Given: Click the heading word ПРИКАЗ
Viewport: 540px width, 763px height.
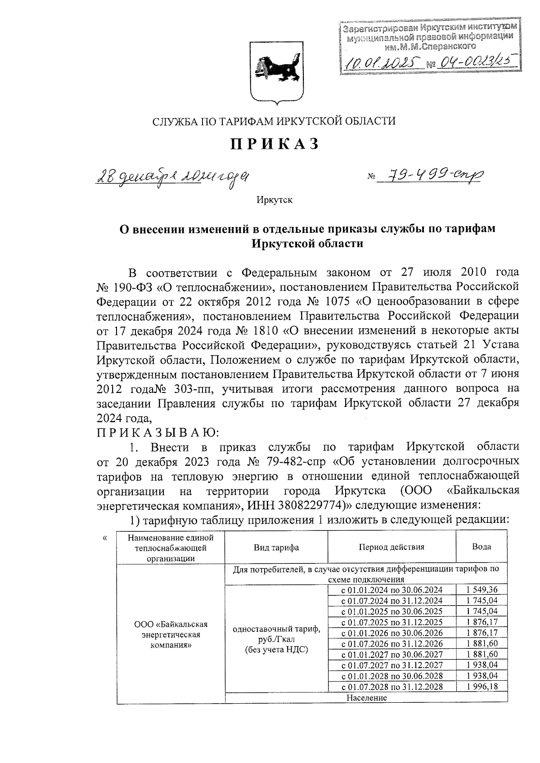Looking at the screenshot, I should [275, 144].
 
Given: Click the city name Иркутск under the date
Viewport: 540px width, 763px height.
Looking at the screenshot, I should [274, 200].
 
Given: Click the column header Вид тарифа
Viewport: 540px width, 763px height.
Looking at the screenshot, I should [276, 547].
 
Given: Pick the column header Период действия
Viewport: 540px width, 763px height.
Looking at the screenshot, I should [391, 547].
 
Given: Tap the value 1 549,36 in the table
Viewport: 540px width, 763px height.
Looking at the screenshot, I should [481, 590].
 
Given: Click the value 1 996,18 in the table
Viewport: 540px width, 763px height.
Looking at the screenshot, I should [481, 687].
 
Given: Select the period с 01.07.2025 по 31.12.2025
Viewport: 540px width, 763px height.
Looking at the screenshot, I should [391, 622].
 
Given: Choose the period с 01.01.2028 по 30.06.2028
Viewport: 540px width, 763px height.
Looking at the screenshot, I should [391, 676].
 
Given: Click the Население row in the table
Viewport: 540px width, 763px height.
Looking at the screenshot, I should [366, 698].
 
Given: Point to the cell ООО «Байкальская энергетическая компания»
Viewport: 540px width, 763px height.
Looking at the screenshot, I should [171, 634].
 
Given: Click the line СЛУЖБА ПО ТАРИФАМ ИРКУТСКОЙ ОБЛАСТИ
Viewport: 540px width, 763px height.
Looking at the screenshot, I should [274, 121].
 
